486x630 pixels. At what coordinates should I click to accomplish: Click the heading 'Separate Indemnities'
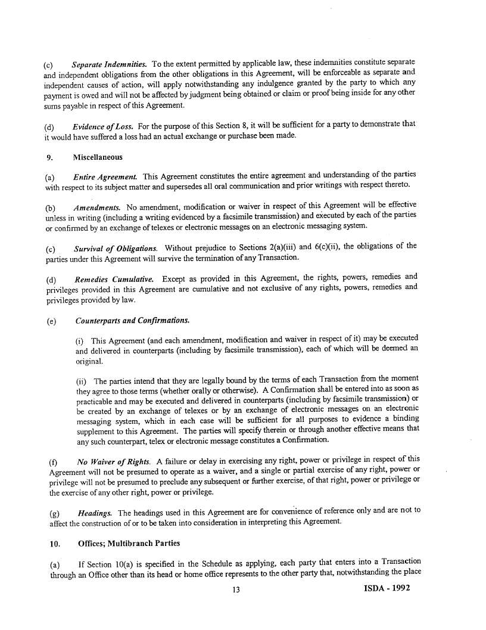[x=109, y=63]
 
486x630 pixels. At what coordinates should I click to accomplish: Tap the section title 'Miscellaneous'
[x=98, y=157]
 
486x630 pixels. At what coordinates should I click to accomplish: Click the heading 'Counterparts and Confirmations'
[x=132, y=321]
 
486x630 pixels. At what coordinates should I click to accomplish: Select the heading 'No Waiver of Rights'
[x=114, y=460]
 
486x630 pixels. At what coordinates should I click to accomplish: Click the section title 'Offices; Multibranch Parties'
[x=129, y=544]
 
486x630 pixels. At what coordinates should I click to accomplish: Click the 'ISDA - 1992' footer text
[x=387, y=588]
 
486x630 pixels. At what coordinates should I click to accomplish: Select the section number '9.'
[x=50, y=157]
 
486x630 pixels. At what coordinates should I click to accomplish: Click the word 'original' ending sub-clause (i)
[x=89, y=361]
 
